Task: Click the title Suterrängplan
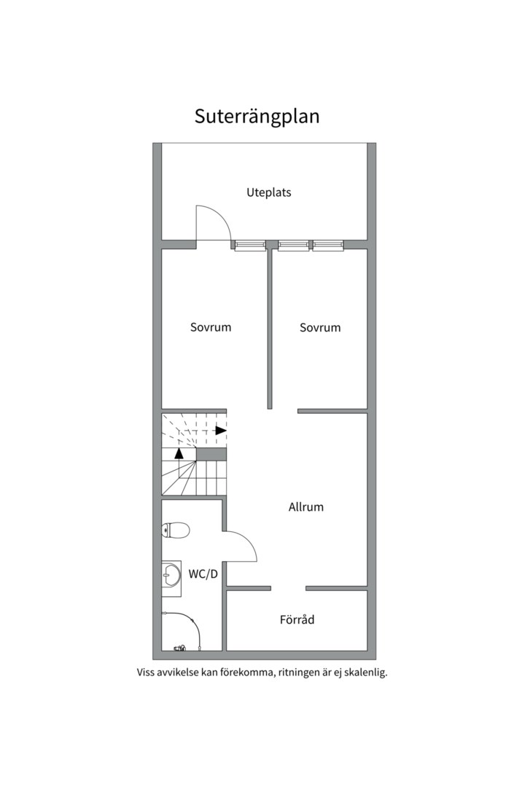(257, 117)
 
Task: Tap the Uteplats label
(268, 193)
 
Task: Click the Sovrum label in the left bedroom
(211, 327)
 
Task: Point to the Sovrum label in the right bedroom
(320, 328)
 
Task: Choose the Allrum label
(306, 507)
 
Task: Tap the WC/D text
(203, 574)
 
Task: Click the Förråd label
(297, 620)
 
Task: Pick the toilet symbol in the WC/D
(176, 530)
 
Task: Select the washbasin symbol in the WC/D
(171, 575)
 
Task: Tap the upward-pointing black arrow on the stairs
(179, 453)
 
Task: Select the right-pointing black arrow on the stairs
(221, 430)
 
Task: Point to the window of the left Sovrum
(250, 246)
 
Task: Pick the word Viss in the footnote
(147, 673)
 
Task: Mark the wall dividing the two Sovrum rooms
(269, 328)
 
